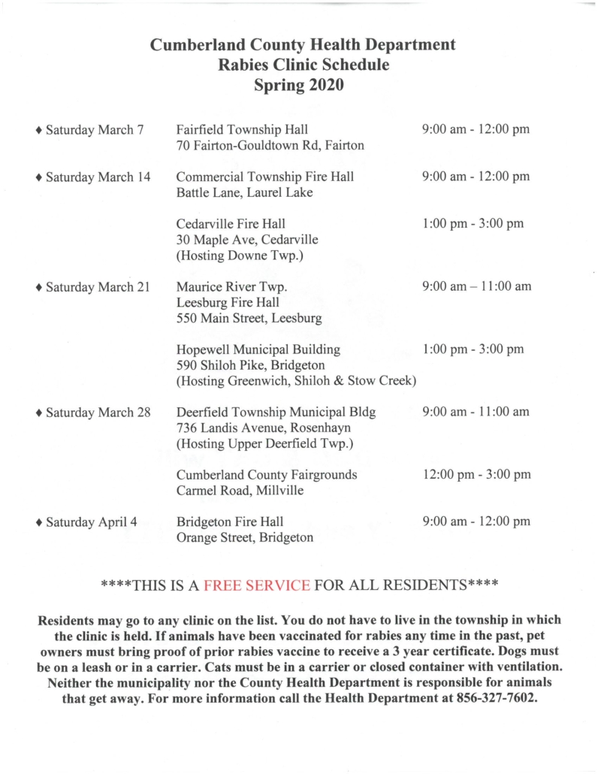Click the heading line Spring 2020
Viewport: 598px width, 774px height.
(x=299, y=86)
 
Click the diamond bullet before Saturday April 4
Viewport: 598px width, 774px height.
(x=39, y=522)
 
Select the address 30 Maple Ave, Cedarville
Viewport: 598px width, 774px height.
(x=247, y=240)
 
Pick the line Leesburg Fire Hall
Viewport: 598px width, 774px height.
(x=228, y=302)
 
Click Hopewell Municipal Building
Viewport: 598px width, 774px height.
(x=258, y=349)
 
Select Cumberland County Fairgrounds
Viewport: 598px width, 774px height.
(x=267, y=475)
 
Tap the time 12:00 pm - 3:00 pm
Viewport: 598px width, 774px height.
(x=476, y=475)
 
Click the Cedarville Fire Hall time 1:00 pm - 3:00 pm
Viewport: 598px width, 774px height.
(x=473, y=224)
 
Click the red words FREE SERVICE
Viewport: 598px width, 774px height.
(x=257, y=585)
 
